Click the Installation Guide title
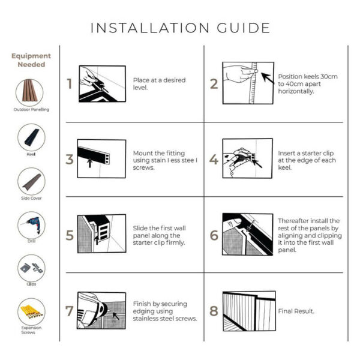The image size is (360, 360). (x=180, y=28)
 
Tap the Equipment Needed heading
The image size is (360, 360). (x=31, y=60)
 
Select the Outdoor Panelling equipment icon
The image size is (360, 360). (x=31, y=92)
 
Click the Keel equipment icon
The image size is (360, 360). (x=31, y=137)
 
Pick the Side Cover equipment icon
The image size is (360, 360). (x=31, y=181)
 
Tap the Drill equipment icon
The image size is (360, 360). (x=31, y=224)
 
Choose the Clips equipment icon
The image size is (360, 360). (x=31, y=267)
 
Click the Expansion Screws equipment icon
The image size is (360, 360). (x=31, y=311)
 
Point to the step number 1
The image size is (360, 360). (x=70, y=84)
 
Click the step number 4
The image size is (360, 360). (x=214, y=160)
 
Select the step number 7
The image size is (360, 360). (x=70, y=311)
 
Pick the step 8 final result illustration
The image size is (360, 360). (x=248, y=311)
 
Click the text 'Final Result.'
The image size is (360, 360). (x=296, y=311)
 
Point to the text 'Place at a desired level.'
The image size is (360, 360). (x=159, y=84)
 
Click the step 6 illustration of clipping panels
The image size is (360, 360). (x=247, y=235)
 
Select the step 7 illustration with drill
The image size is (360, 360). (x=101, y=311)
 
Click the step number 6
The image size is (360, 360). (x=214, y=235)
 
